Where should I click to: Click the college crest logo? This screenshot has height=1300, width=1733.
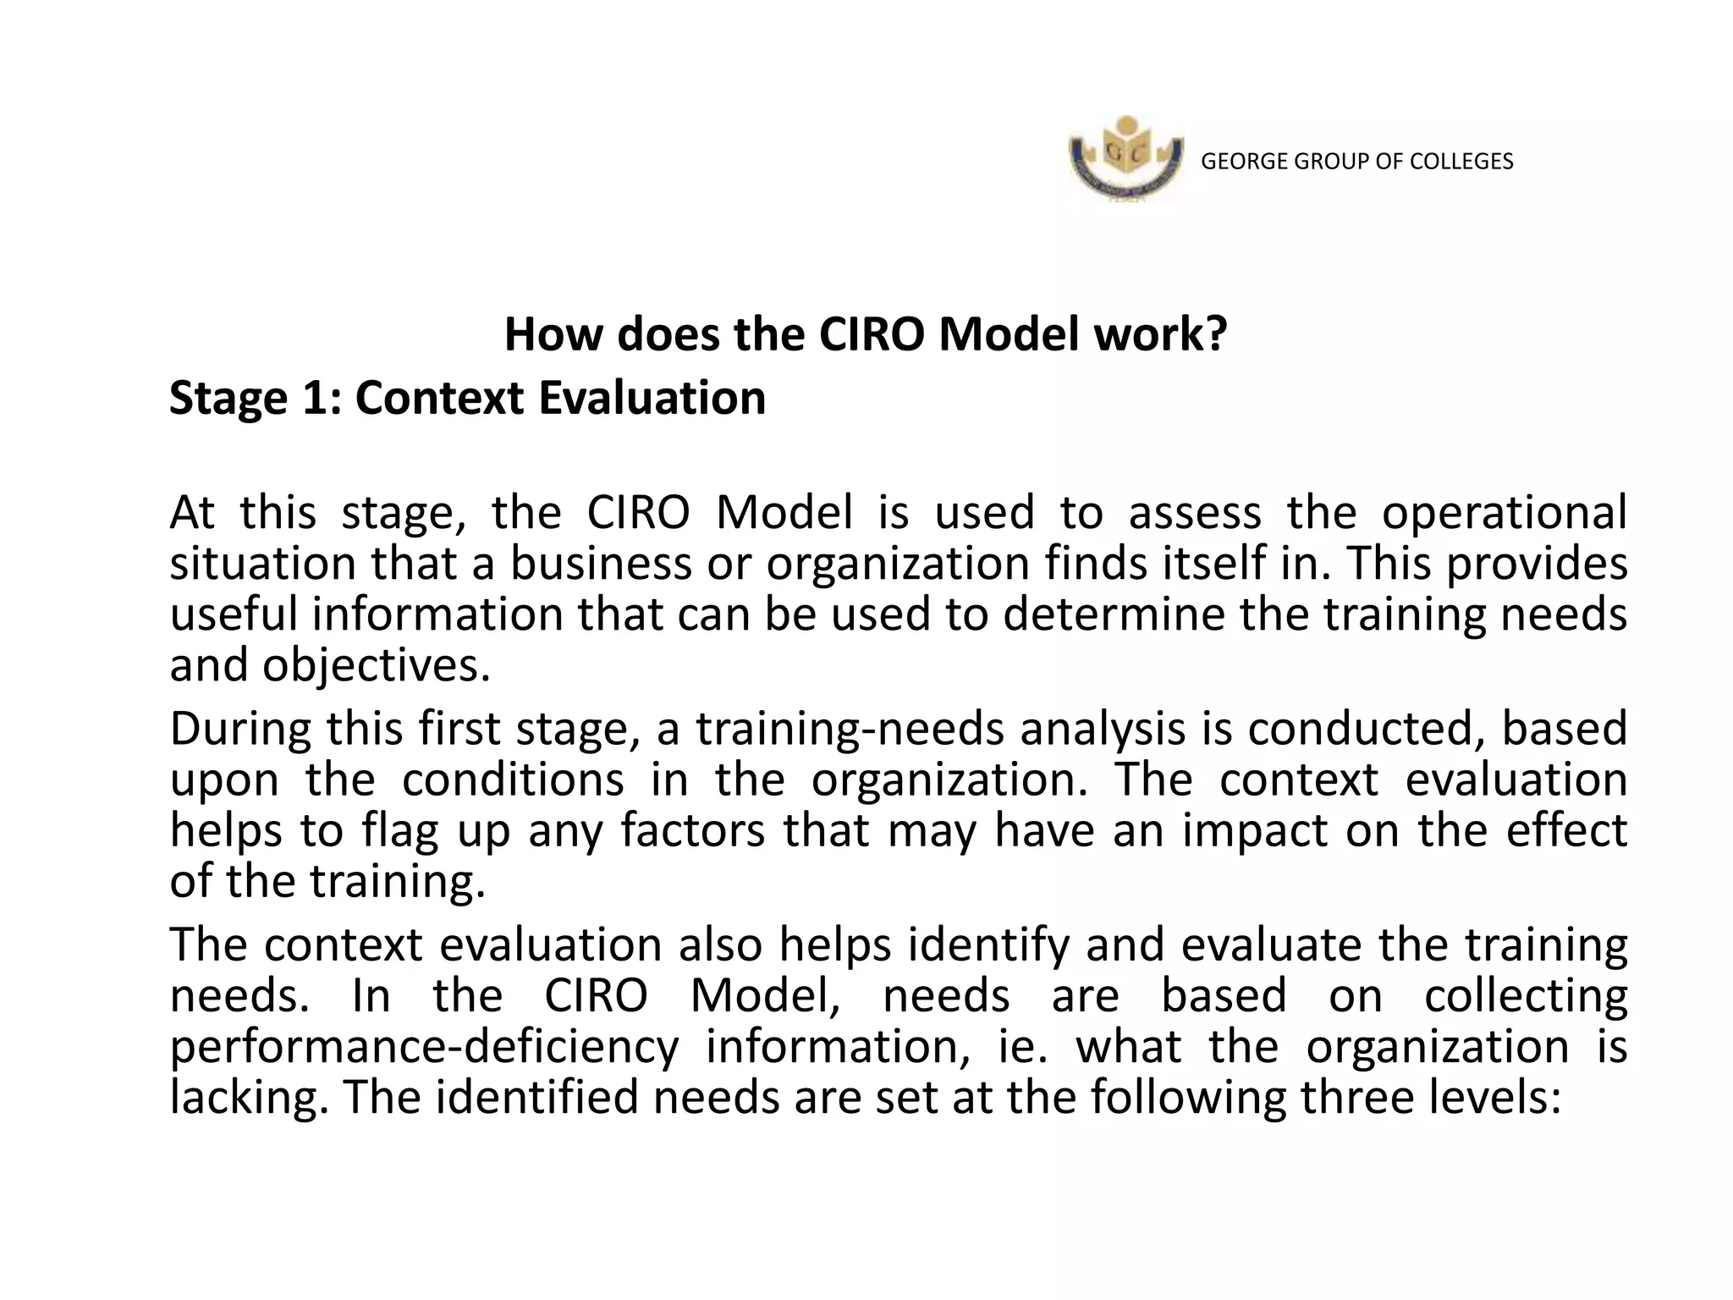1125,159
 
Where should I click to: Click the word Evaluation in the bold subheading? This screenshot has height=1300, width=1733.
652,399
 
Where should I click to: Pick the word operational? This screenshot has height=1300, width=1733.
1505,513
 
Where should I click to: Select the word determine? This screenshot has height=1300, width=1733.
1114,614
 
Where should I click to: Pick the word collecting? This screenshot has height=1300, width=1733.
1526,996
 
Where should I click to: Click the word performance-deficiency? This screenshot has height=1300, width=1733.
424,1047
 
